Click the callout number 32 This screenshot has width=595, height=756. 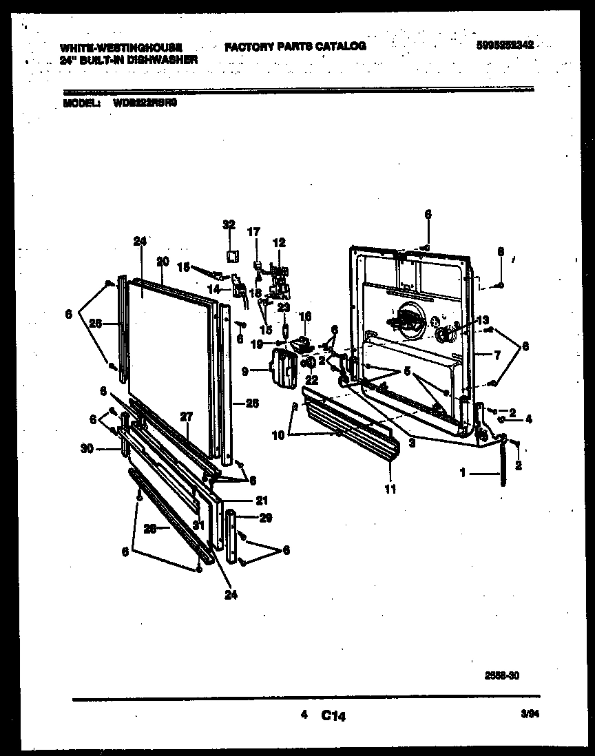point(229,224)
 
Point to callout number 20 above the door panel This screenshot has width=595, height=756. point(163,261)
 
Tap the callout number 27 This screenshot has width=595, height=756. point(186,417)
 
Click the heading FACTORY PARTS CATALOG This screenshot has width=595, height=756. point(295,46)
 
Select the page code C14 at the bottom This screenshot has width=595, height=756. point(333,716)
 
